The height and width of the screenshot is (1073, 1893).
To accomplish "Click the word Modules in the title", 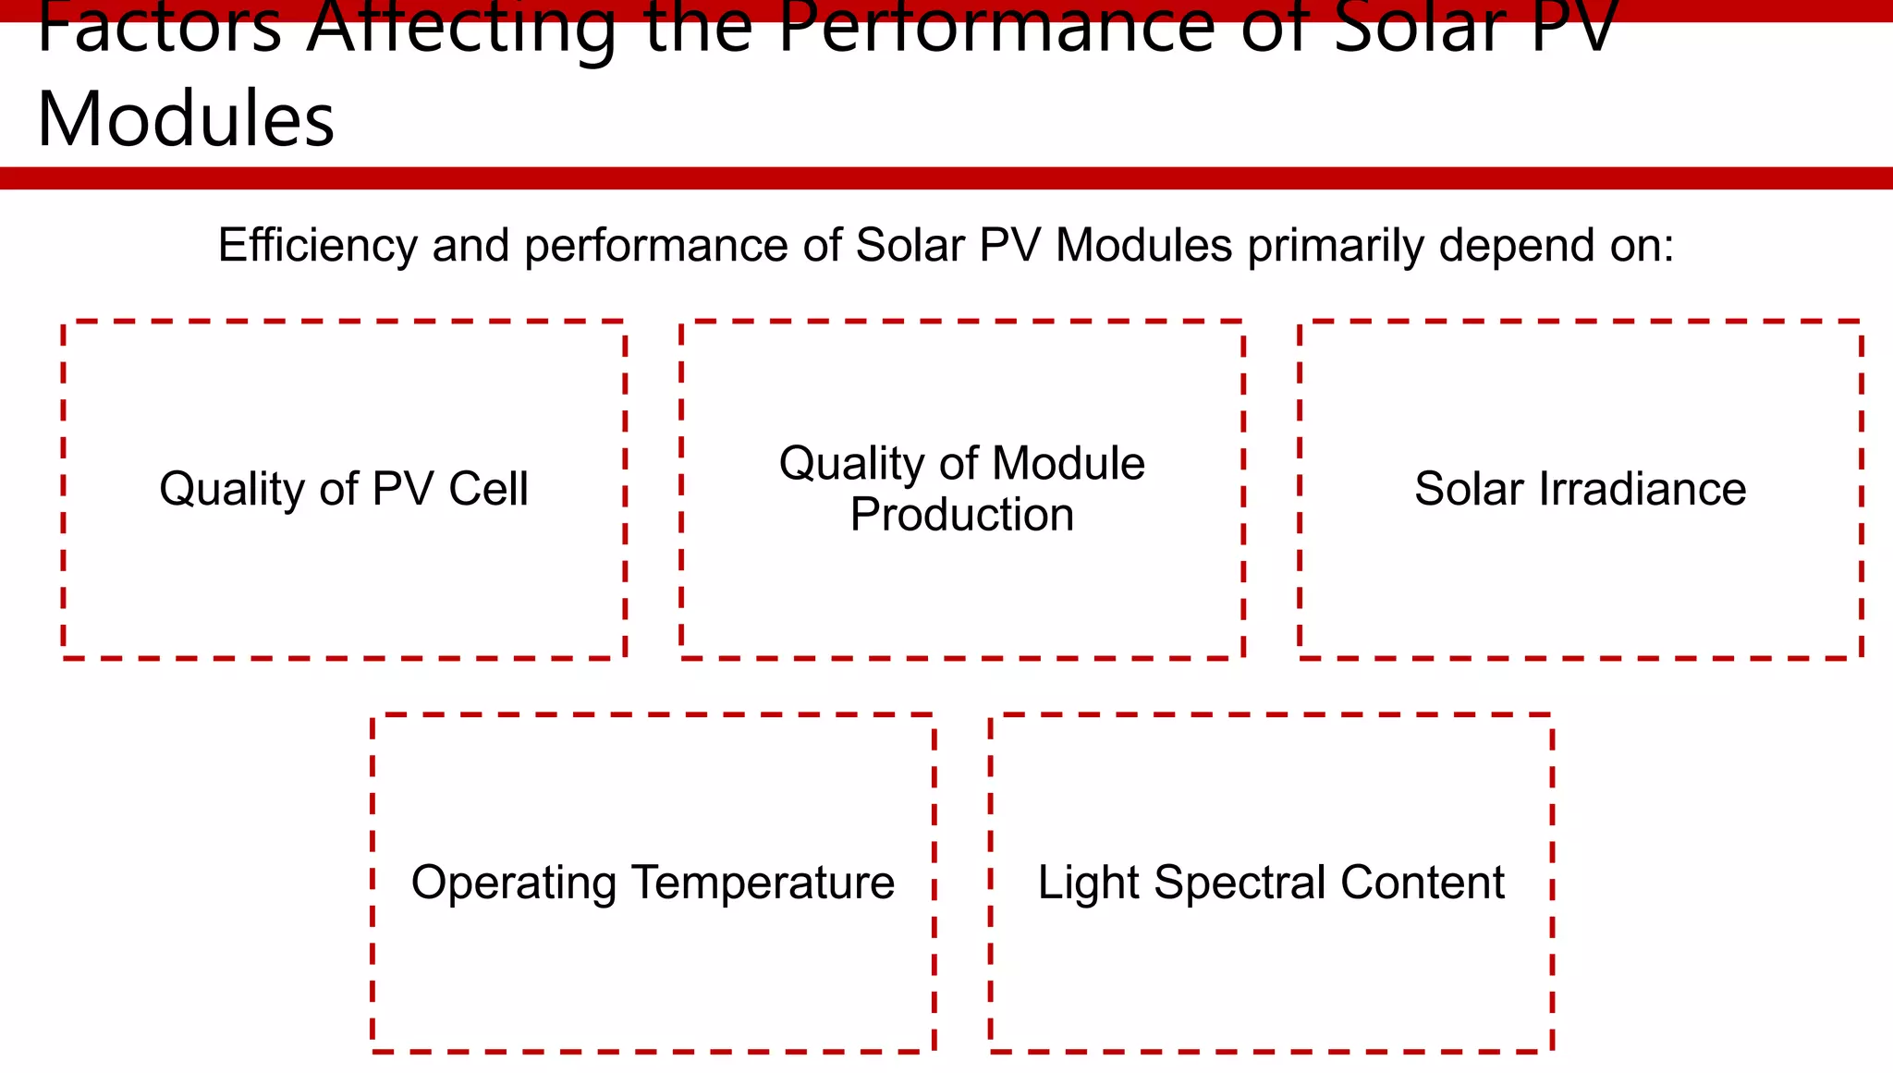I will coord(186,119).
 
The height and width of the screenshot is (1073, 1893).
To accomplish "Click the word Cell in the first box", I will coord(488,488).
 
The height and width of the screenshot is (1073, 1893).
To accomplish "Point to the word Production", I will coord(962,514).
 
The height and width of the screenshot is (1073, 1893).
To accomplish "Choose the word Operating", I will coord(514,883).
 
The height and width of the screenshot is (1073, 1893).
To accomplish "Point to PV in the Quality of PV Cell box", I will coord(402,488).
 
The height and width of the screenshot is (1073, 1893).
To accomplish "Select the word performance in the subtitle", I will coord(655,246).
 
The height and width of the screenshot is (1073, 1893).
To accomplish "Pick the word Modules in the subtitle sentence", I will coord(1143,246).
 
